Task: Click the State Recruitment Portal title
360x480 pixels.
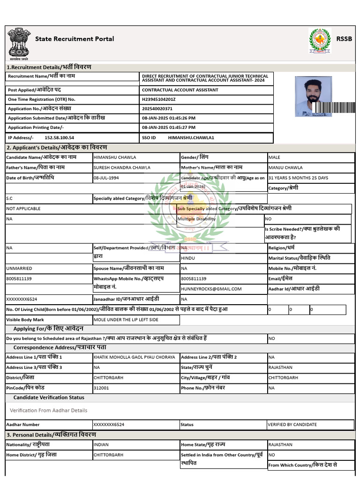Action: (75, 39)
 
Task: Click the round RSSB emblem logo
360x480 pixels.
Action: (320, 41)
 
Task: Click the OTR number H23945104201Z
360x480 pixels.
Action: (158, 99)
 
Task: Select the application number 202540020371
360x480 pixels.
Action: (157, 109)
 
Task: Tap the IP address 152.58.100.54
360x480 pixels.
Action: (59, 138)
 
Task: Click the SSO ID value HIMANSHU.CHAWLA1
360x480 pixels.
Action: (191, 138)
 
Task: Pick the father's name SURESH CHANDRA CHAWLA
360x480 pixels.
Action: (122, 168)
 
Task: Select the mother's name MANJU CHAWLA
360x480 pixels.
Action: (285, 168)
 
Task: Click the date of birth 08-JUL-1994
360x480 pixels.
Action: (106, 178)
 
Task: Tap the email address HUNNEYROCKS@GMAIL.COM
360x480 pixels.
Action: (211, 289)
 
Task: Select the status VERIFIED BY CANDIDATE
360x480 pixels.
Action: (292, 425)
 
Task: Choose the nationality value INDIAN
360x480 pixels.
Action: (101, 445)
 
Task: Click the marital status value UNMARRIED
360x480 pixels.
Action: (19, 269)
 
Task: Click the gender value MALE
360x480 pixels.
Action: (274, 157)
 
